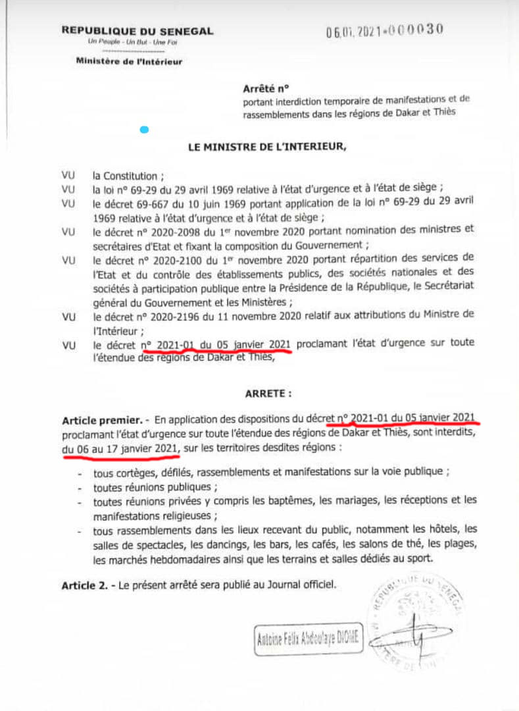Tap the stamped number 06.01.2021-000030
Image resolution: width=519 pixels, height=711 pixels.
pyautogui.click(x=385, y=30)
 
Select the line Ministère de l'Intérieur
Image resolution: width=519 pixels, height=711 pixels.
pyautogui.click(x=129, y=62)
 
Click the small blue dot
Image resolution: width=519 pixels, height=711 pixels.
pyautogui.click(x=144, y=130)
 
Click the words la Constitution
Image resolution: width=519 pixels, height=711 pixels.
pyautogui.click(x=125, y=176)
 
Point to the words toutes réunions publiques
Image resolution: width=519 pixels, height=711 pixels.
pyautogui.click(x=155, y=488)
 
